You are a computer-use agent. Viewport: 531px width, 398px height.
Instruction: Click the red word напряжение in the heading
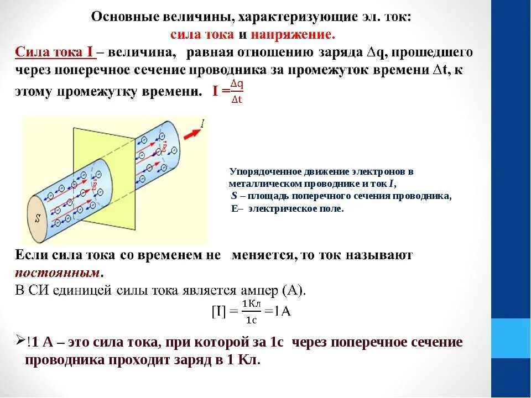tap(293, 35)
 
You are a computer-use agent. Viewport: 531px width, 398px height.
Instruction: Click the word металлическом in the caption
tap(265, 184)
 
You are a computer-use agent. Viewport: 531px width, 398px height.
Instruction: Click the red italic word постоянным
tap(58, 273)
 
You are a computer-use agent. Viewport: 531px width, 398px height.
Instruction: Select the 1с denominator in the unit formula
tap(251, 320)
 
